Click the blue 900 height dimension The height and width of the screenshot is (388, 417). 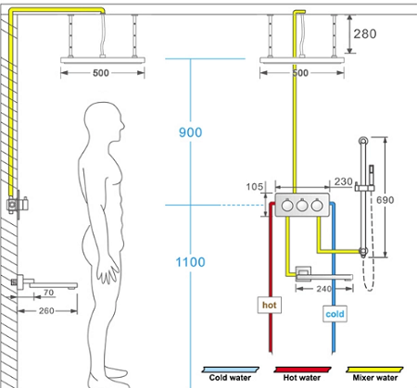tap(191, 132)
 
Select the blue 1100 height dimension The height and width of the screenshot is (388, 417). tap(190, 262)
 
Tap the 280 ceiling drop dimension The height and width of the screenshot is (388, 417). tap(365, 34)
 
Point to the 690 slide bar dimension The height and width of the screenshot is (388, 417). tap(385, 200)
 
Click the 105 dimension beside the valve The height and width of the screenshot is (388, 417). tap(255, 187)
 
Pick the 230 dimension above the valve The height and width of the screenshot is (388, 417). tap(344, 181)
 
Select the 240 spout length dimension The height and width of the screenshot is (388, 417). tap(324, 289)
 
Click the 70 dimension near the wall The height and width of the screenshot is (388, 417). tap(48, 293)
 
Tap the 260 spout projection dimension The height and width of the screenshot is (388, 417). tap(46, 310)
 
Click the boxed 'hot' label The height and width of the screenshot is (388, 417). tap(270, 305)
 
